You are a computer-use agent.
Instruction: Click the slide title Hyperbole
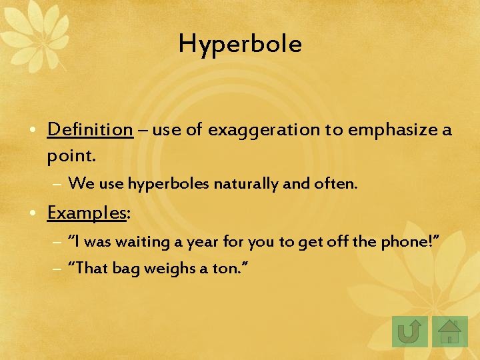click(240, 44)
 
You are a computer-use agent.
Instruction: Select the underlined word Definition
click(90, 129)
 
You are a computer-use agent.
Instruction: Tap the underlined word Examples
click(87, 213)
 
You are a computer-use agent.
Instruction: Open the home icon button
click(450, 331)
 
